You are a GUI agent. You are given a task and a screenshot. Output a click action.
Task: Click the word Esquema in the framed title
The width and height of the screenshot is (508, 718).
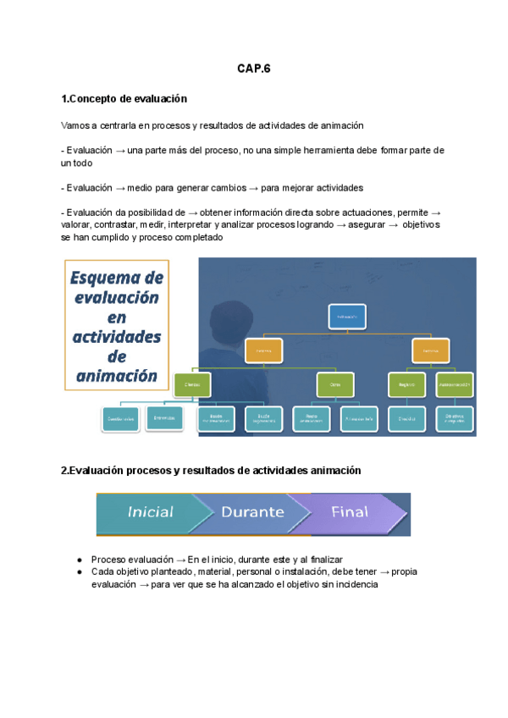point(116,279)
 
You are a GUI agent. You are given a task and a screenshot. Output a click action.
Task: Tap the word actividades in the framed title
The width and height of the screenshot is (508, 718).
point(118,336)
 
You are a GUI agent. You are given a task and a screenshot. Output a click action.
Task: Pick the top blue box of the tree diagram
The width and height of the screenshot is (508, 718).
point(346,317)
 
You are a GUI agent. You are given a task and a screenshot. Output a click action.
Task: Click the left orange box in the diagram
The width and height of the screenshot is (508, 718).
point(263,348)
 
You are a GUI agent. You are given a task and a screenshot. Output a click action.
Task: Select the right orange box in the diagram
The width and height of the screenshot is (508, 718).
point(430,348)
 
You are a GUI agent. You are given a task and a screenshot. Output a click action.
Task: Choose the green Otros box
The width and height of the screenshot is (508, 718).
point(335,384)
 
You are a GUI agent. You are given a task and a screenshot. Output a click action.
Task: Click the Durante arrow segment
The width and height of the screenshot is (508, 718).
point(252,512)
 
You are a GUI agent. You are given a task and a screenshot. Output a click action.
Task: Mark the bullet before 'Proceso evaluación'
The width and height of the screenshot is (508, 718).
point(79,561)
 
